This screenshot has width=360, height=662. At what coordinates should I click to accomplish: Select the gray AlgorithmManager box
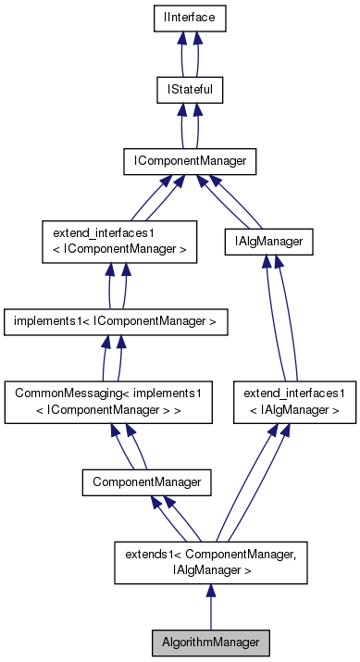[212, 642]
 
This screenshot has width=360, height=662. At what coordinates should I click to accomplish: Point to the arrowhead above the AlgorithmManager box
[212, 591]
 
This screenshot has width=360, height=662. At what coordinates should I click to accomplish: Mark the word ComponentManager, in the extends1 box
[226, 553]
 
